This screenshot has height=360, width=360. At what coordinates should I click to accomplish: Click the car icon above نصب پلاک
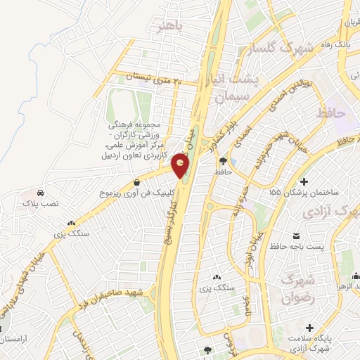click(x=40, y=192)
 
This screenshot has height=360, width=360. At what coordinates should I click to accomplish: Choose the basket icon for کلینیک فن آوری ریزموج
click(x=146, y=181)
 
